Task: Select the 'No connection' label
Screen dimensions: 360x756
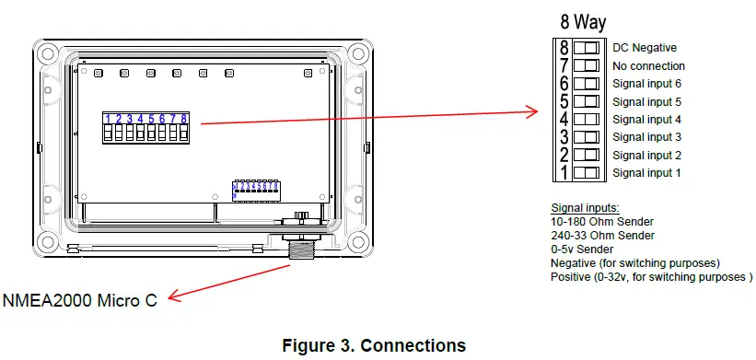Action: coord(648,66)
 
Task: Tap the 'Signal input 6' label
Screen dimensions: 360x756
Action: coord(646,84)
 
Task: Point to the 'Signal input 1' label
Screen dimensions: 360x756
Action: coord(646,173)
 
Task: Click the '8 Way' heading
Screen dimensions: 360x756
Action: coord(583,23)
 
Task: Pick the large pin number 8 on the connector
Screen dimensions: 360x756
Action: coord(563,48)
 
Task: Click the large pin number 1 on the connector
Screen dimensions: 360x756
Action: coord(563,172)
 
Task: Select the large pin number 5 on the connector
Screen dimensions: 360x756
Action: coord(563,101)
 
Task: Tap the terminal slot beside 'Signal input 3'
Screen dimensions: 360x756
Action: coord(587,137)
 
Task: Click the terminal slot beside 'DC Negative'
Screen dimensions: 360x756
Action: coord(587,48)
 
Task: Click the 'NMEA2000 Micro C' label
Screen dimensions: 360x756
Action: coord(80,299)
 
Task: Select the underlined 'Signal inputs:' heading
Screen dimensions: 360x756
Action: coord(586,207)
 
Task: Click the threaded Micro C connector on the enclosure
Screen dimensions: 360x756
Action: coord(301,251)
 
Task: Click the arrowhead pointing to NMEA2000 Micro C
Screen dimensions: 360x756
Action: coord(175,296)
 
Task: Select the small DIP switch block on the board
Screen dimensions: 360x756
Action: coord(256,190)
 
